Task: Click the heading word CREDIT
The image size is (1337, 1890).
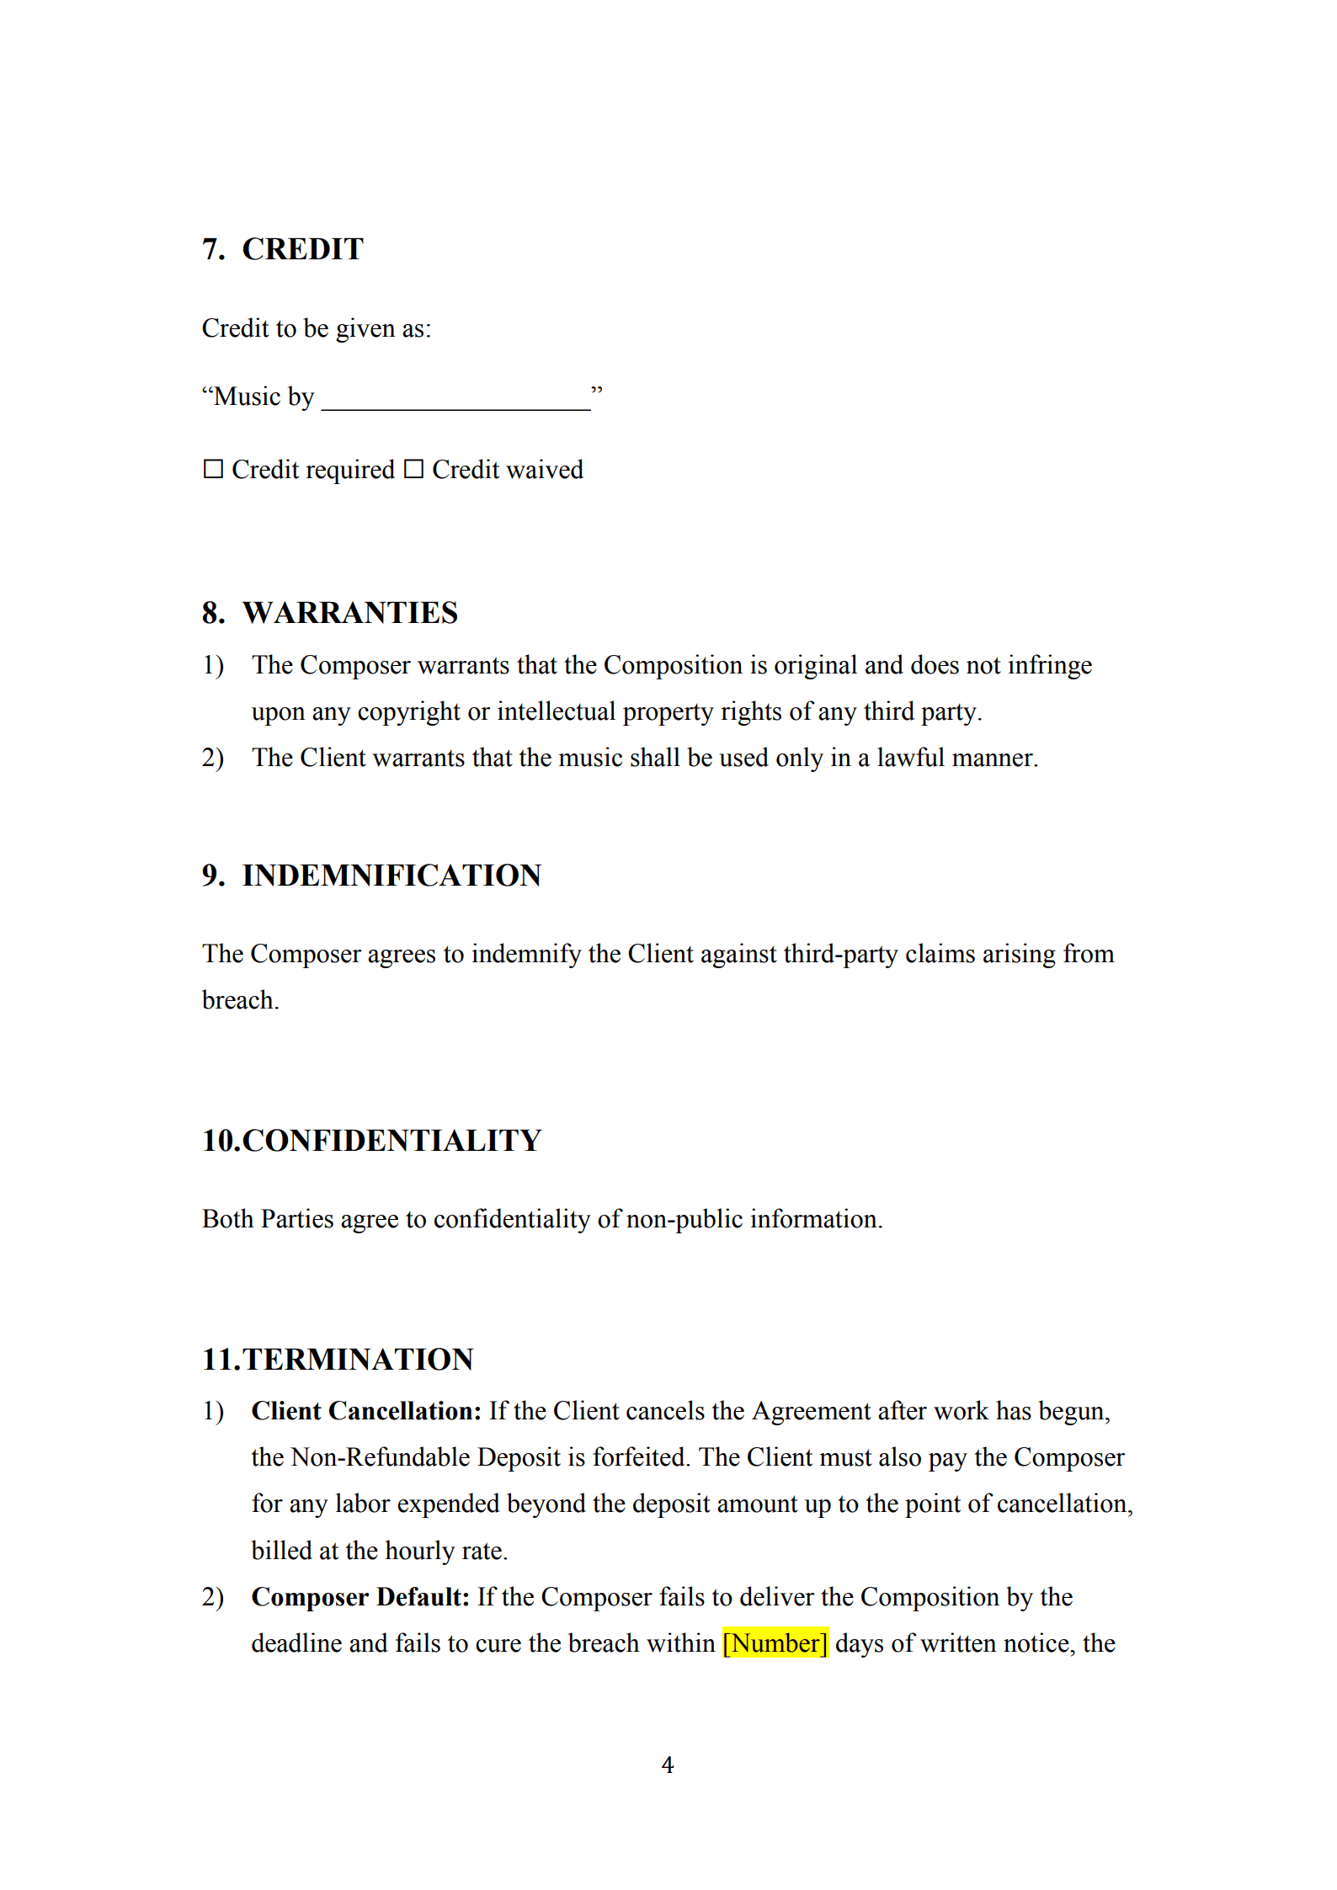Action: coord(302,249)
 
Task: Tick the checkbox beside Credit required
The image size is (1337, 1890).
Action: coord(214,469)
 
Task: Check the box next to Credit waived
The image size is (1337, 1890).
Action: coord(413,469)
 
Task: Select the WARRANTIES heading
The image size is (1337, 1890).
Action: coord(349,613)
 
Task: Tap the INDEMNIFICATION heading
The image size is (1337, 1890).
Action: coord(392,876)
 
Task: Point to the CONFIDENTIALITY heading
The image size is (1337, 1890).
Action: coord(392,1141)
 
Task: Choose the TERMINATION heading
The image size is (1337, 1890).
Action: coord(358,1360)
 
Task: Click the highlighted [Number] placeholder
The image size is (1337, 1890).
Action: coord(775,1643)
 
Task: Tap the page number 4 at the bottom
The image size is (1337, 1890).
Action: coord(668,1765)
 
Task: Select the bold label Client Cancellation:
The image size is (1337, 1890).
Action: coord(366,1411)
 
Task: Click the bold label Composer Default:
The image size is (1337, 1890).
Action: coord(360,1597)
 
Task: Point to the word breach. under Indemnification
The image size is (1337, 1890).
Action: coord(240,1000)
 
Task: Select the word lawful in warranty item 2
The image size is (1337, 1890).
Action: coord(911,758)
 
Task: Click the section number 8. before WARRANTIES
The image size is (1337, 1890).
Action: coord(213,613)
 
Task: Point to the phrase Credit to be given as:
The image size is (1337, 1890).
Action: coord(317,328)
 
